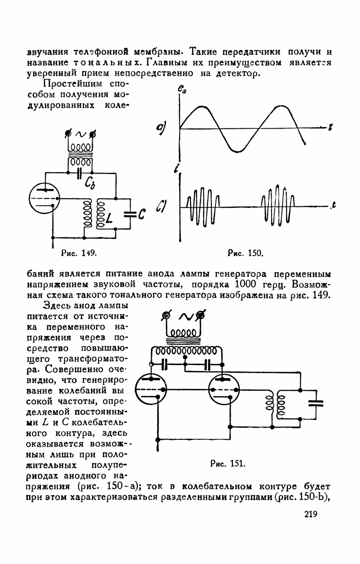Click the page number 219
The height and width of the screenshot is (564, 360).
(307, 514)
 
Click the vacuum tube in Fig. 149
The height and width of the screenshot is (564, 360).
(45, 198)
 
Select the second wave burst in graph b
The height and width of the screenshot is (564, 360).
(277, 207)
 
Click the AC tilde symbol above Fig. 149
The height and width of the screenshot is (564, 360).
(80, 134)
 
